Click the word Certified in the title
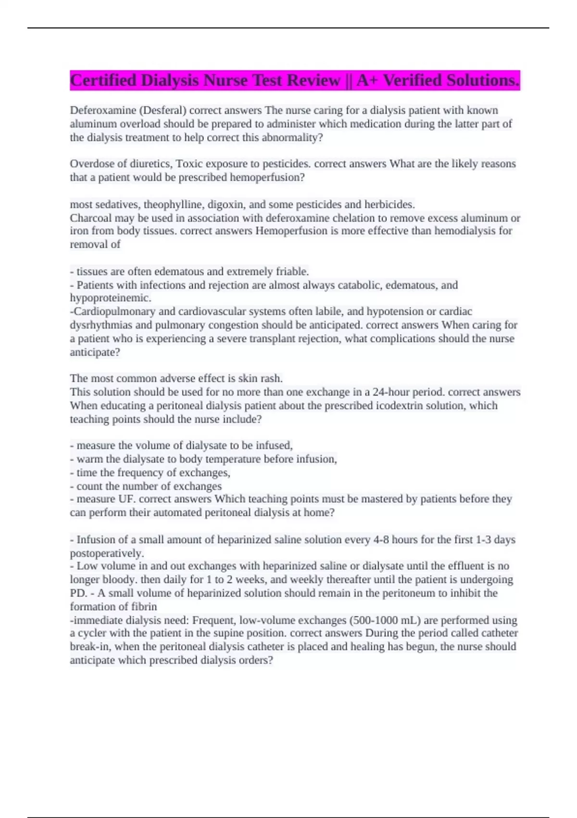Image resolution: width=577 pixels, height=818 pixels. [x=103, y=80]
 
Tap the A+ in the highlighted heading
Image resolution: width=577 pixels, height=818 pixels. [x=367, y=80]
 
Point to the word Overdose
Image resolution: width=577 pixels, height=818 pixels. [x=89, y=164]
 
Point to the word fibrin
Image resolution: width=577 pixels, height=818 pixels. [x=144, y=607]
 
